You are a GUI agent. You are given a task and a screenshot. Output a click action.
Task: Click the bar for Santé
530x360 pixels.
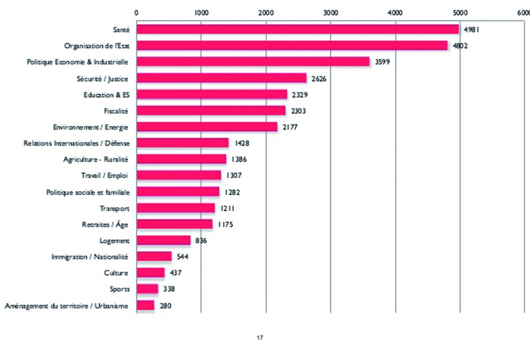click(x=297, y=29)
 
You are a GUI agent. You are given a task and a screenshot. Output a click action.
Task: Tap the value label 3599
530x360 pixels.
click(x=381, y=62)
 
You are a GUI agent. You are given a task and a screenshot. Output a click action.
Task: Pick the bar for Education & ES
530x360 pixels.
click(x=211, y=94)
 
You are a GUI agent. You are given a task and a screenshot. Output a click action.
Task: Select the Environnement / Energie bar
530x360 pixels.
click(x=207, y=127)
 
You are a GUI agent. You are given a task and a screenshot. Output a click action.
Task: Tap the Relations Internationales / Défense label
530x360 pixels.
click(x=76, y=143)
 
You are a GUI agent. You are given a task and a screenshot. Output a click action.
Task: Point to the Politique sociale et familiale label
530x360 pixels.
click(x=87, y=191)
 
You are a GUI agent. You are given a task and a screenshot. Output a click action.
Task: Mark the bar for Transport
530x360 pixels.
click(x=175, y=208)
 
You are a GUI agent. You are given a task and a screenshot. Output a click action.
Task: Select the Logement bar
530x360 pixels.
click(x=163, y=240)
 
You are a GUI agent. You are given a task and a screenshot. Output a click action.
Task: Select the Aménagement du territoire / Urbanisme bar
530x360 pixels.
click(x=145, y=305)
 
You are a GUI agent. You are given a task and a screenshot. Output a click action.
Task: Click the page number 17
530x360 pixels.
click(x=260, y=337)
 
